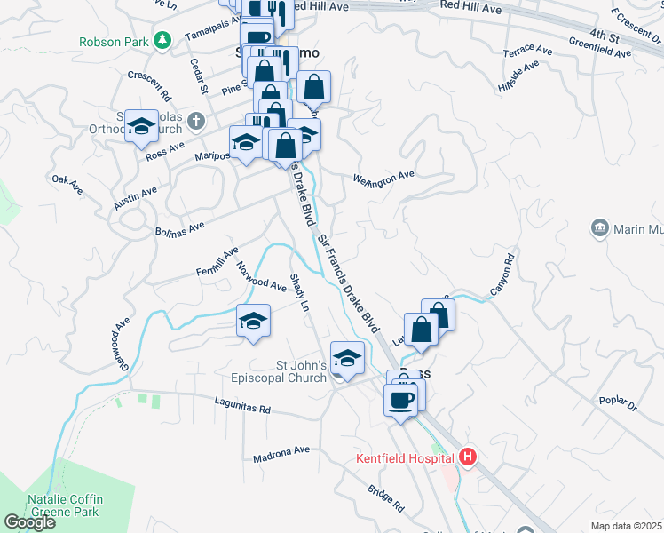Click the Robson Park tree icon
[162, 40]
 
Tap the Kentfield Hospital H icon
[469, 458]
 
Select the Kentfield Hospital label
[406, 459]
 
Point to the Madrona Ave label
[281, 452]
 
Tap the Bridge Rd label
[385, 498]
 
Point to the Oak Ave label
[67, 180]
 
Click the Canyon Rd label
[502, 276]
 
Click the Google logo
[30, 522]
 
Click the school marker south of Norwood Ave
[253, 321]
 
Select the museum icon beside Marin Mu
[600, 229]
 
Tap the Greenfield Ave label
[600, 47]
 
